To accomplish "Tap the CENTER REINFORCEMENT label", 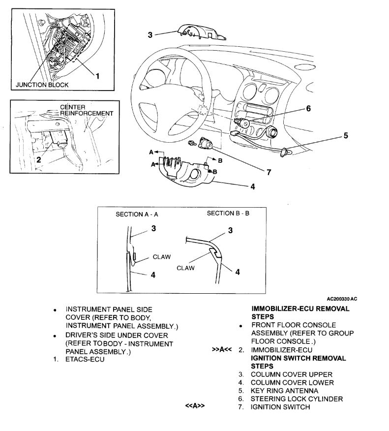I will (86, 110).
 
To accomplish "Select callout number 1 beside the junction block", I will (97, 76).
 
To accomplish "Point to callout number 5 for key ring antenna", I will (345, 135).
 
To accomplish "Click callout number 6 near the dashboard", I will (308, 109).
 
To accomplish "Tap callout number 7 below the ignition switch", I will (269, 172).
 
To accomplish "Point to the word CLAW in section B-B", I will (185, 268).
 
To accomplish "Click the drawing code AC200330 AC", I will (341, 298).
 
